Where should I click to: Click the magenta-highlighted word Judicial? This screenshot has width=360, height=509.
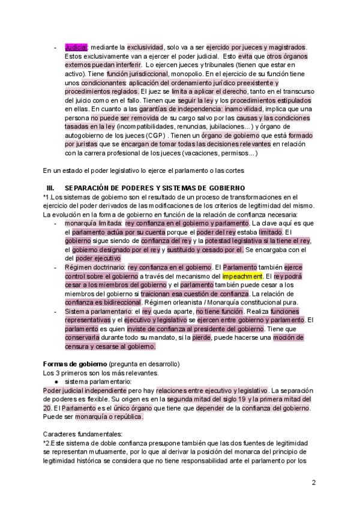pyautogui.click(x=76, y=46)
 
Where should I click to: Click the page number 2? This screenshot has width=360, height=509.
pyautogui.click(x=314, y=482)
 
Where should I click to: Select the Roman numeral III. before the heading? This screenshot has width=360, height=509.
pyautogui.click(x=50, y=187)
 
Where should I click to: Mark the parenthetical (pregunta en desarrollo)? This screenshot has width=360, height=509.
pyautogui.click(x=143, y=364)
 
